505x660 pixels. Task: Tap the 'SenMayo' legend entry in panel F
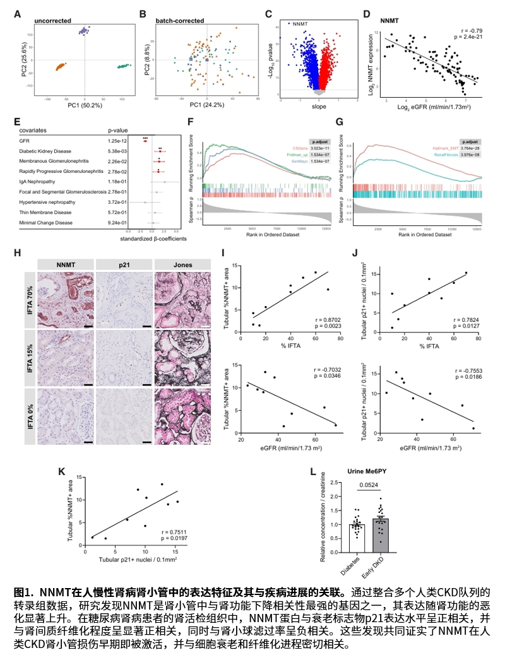click(x=298, y=162)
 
